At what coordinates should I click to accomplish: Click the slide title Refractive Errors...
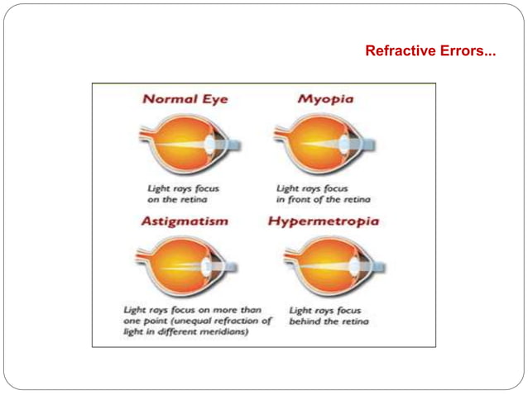tap(430, 51)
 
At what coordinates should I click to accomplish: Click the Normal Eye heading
tap(185, 99)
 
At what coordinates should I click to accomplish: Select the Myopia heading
tap(325, 99)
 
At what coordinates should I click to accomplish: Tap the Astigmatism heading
tap(185, 221)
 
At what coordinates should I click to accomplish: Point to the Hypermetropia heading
tap(324, 221)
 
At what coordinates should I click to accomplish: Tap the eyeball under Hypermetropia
tap(319, 264)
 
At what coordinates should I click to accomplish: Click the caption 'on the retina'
tap(177, 199)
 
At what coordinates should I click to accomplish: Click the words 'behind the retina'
tap(329, 321)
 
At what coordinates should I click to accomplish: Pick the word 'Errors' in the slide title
tap(466, 51)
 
